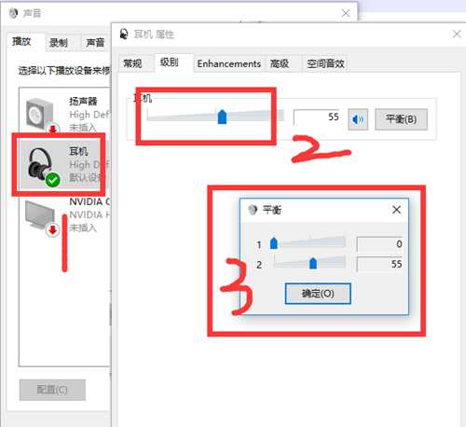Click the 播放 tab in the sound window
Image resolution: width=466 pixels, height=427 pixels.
pos(22,42)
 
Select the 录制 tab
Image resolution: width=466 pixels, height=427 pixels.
pos(59,42)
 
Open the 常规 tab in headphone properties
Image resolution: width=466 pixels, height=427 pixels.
pos(132,63)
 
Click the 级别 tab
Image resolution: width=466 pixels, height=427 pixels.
pos(169,62)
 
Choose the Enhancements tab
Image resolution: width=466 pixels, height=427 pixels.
pos(229,63)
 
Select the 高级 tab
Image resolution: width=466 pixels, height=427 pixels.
pos(279,63)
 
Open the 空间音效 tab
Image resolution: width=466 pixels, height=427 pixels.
pos(326,63)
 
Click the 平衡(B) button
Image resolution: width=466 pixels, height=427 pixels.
pos(401,118)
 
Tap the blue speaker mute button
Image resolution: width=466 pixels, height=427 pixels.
pos(359,118)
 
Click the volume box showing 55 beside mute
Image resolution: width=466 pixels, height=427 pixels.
pos(317,118)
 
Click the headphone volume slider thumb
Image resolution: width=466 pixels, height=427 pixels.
pos(222,117)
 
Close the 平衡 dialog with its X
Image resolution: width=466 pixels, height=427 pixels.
pos(396,210)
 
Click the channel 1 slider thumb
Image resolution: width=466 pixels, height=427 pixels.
pos(273,243)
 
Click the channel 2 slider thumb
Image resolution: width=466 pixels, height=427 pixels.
pos(312,264)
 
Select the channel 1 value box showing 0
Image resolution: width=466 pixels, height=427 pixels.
pos(379,243)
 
